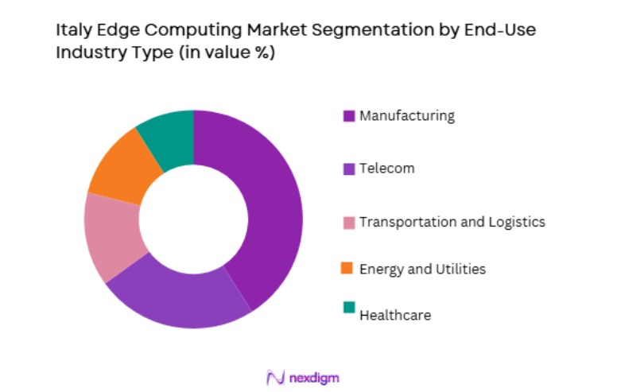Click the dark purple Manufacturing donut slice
click(x=266, y=207)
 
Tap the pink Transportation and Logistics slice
click(x=111, y=235)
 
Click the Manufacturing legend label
click(x=407, y=116)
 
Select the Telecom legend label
click(x=386, y=169)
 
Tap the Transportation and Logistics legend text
click(x=452, y=222)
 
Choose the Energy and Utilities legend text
click(x=422, y=269)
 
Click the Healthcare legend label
click(x=395, y=316)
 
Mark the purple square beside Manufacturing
click(x=348, y=116)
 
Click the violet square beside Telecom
click(x=348, y=169)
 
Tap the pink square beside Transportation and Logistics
click(x=348, y=223)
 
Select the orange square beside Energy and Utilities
click(x=348, y=269)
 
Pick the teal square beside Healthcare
click(x=348, y=308)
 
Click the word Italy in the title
click(x=72, y=32)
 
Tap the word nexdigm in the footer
click(x=315, y=378)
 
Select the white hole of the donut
click(x=193, y=219)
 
